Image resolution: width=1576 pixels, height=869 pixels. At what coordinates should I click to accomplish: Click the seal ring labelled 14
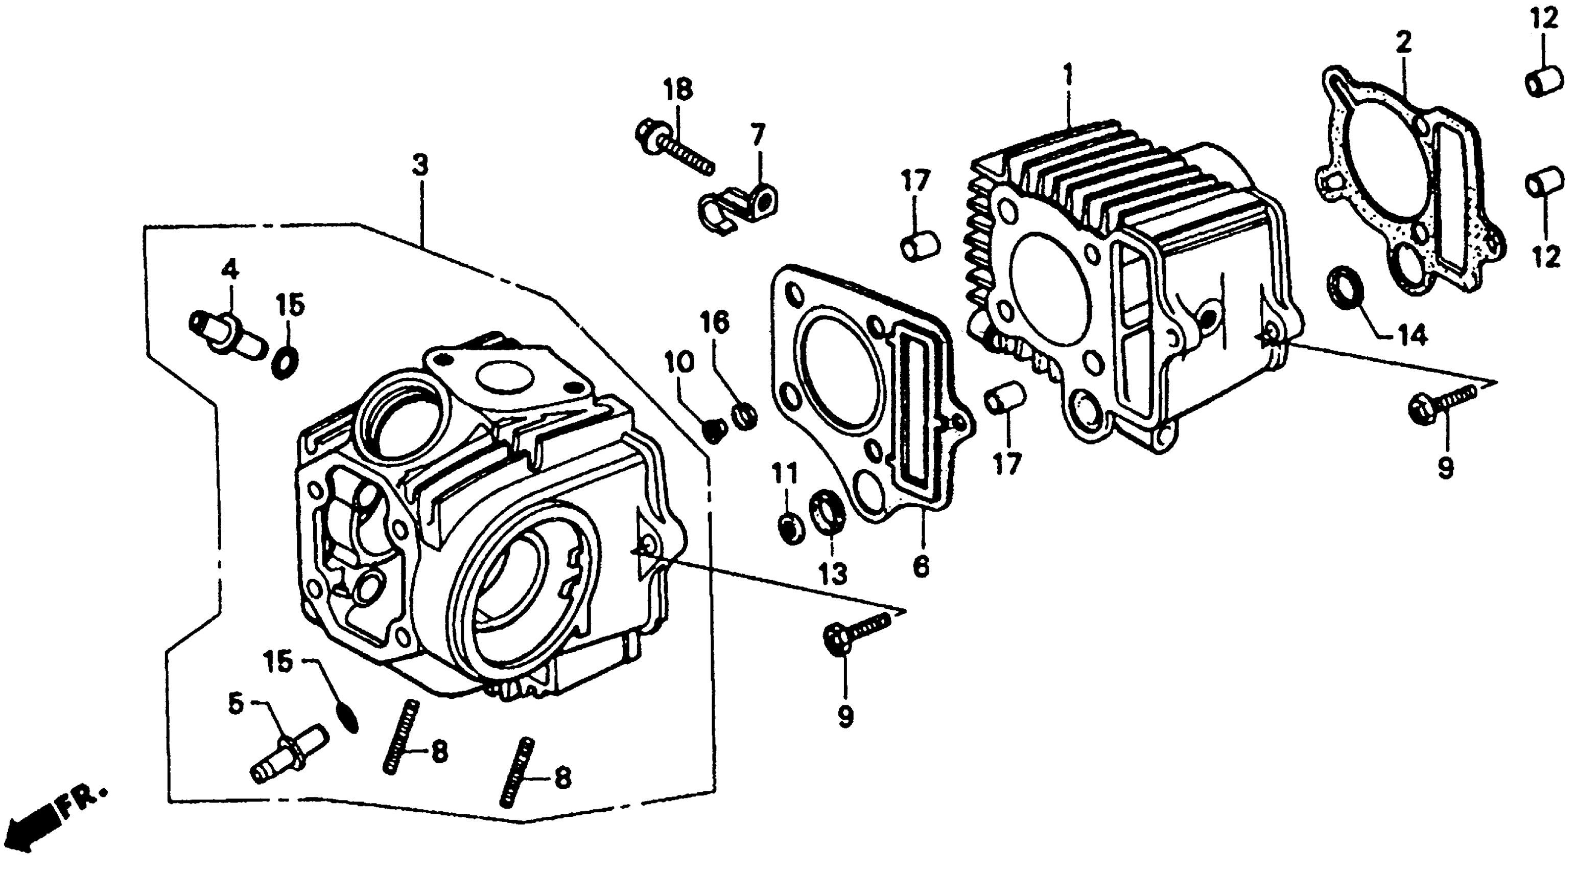[1345, 288]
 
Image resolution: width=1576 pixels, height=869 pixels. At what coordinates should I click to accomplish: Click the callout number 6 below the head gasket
[920, 566]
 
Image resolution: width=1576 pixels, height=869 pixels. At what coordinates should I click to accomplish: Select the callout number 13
[833, 574]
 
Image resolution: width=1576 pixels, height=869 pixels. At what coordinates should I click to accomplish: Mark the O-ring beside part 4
[285, 363]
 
